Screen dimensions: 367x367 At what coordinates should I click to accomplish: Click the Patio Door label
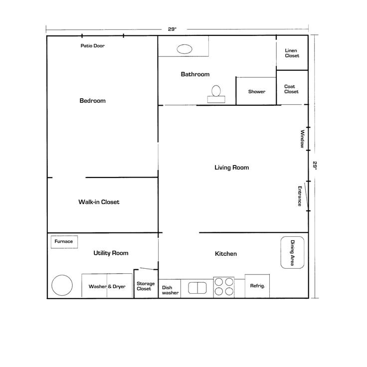[93, 46]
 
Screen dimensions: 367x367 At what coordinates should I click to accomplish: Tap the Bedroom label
[93, 101]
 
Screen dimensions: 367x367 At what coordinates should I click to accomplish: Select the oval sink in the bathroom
[184, 49]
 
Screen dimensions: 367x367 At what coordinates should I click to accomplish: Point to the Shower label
[257, 92]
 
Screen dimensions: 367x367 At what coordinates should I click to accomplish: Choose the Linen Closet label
[292, 53]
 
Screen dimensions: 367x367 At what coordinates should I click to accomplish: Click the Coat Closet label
[291, 89]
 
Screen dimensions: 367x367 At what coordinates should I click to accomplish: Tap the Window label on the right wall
[302, 139]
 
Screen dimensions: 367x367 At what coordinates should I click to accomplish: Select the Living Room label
[231, 168]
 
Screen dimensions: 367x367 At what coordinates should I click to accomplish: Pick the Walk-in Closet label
[99, 202]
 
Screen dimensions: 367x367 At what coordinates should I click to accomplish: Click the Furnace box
[64, 242]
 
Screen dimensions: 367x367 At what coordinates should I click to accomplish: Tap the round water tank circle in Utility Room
[62, 285]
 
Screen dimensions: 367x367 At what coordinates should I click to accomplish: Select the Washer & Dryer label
[107, 287]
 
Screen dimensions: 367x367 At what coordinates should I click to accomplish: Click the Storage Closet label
[146, 286]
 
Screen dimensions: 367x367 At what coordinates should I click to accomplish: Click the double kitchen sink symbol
[197, 288]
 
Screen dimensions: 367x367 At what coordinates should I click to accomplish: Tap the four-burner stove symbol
[224, 287]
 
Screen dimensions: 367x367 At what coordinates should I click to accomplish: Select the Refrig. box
[257, 286]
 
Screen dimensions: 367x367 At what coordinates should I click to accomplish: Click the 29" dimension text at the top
[172, 29]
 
